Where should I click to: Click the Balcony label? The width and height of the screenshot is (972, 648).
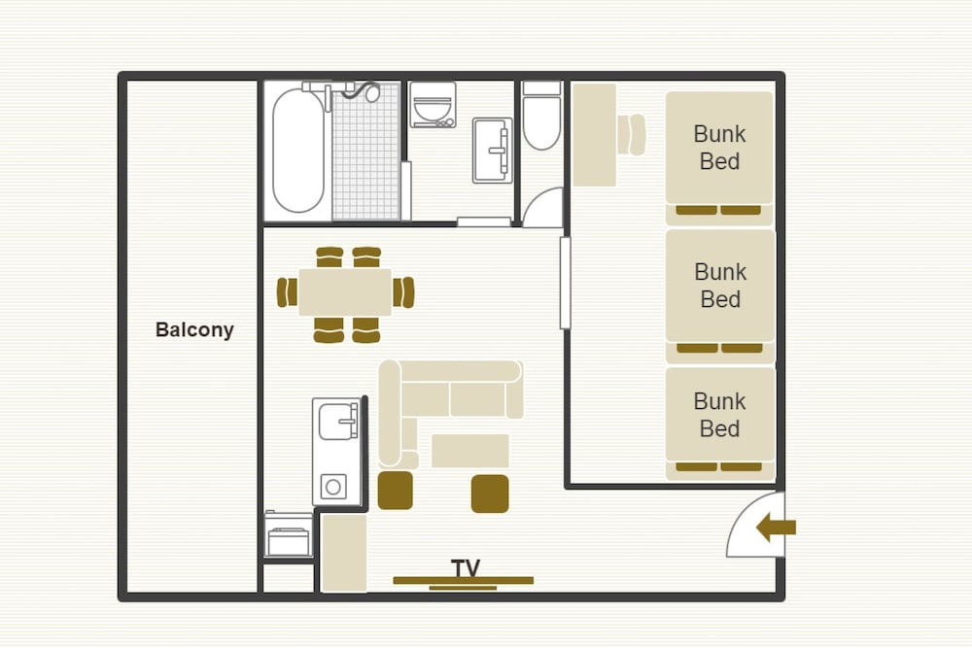[194, 329]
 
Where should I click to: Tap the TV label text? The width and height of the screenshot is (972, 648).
[466, 568]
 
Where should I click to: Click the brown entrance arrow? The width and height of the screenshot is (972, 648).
[776, 528]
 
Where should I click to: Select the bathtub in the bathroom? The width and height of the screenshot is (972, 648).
[298, 151]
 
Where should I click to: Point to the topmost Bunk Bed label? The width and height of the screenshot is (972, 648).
[719, 148]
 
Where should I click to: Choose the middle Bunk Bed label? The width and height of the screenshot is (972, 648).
[720, 286]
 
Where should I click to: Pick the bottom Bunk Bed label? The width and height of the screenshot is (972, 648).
[719, 415]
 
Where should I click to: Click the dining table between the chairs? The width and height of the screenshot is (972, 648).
[345, 292]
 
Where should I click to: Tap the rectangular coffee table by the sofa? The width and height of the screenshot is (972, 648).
[469, 451]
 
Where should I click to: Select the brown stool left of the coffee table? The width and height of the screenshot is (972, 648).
[396, 491]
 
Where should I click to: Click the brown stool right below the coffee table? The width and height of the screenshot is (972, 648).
[490, 494]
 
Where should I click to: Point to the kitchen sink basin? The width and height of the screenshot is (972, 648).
[338, 422]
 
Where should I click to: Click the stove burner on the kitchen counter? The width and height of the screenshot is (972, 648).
[333, 487]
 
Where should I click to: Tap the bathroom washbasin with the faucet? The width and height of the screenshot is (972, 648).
[492, 151]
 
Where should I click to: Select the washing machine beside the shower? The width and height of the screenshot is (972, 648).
[433, 105]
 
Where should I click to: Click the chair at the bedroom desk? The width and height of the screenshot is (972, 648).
[632, 134]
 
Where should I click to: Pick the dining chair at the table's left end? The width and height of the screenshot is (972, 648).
[287, 292]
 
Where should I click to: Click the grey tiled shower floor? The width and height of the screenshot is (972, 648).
[366, 152]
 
